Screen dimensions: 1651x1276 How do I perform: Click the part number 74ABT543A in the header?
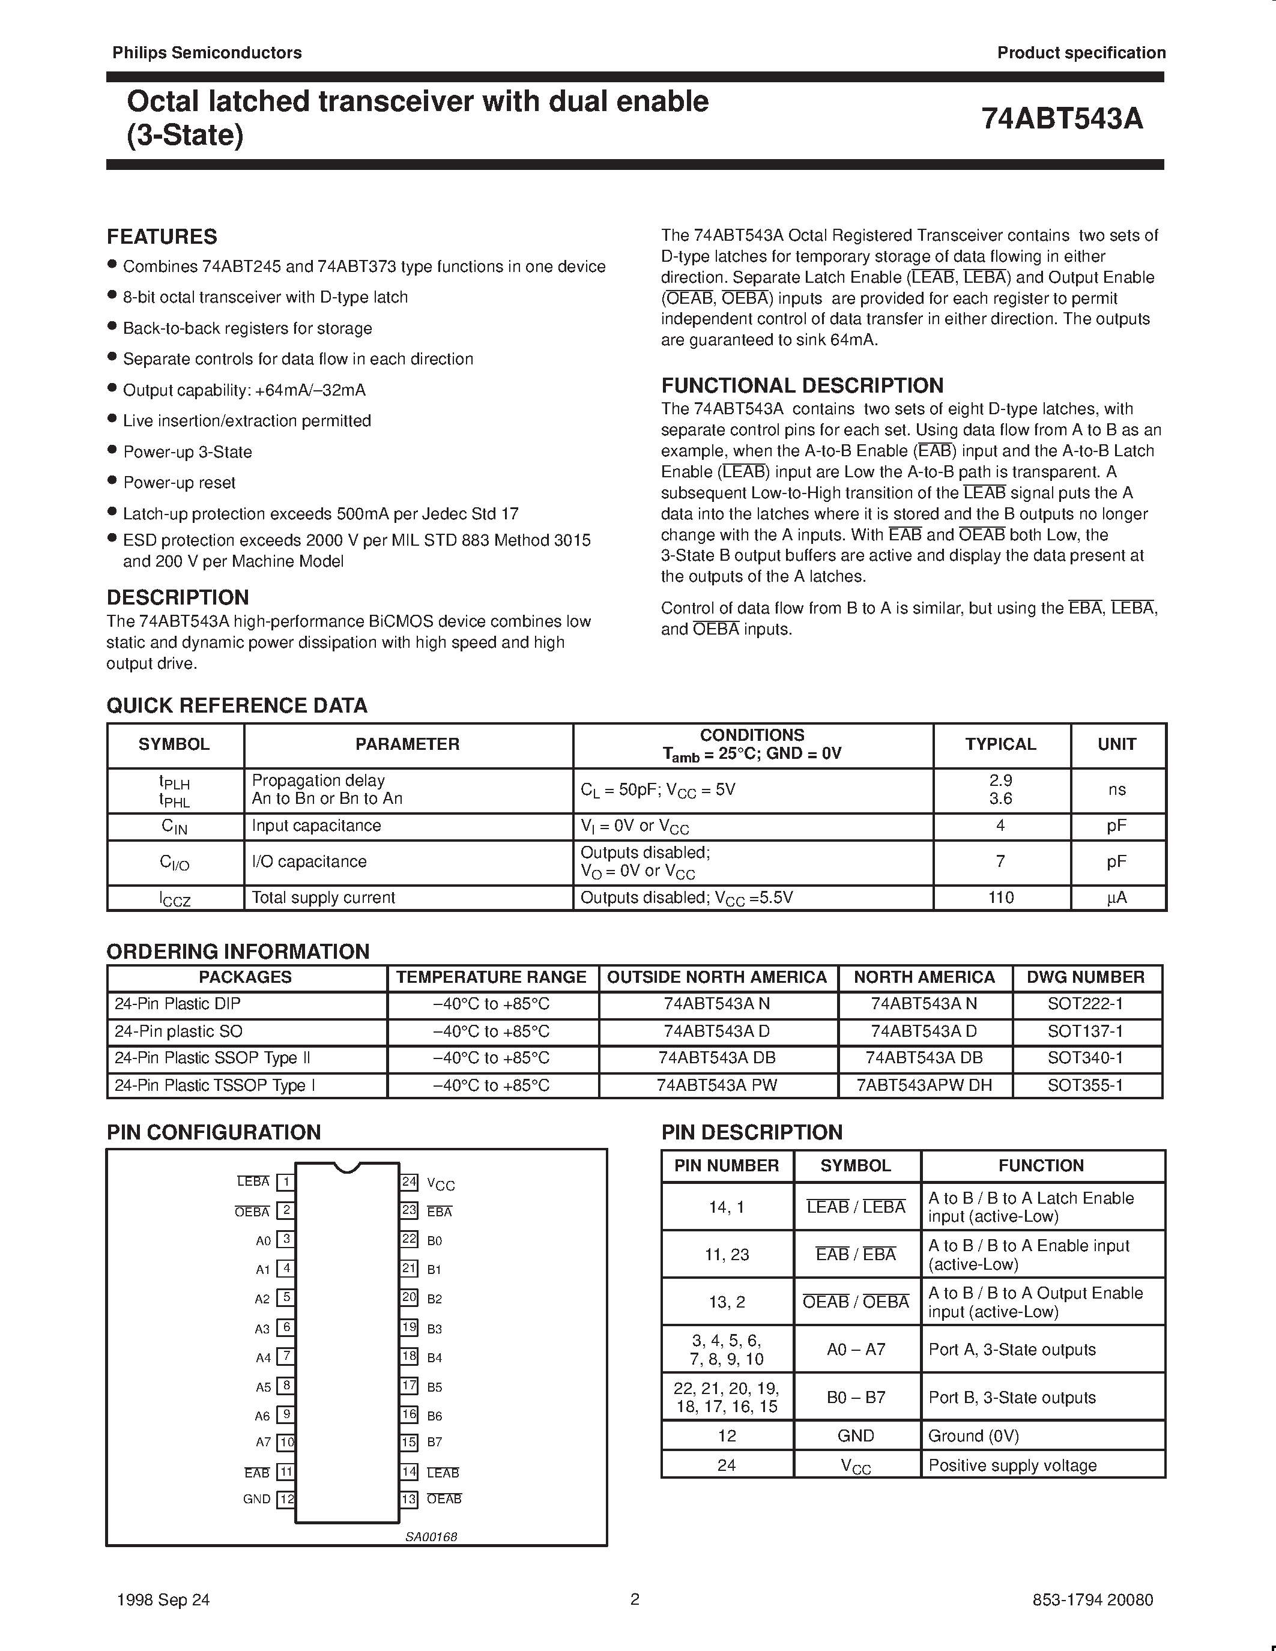click(x=1062, y=119)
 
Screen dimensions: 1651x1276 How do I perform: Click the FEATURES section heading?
click(x=162, y=237)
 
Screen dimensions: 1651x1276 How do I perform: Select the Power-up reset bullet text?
click(x=179, y=482)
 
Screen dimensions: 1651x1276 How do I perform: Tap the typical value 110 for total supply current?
click(x=1001, y=898)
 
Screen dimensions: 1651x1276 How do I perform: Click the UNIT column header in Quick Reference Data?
click(x=1116, y=744)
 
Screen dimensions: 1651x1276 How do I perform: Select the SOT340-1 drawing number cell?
click(x=1085, y=1058)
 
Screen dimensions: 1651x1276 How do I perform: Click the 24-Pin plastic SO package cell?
click(x=178, y=1031)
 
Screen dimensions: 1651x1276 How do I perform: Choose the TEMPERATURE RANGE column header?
click(x=491, y=977)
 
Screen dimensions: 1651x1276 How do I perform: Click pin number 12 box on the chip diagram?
click(x=286, y=1499)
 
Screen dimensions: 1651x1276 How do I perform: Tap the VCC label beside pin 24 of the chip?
click(x=441, y=1184)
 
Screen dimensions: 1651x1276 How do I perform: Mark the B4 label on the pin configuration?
click(x=435, y=1357)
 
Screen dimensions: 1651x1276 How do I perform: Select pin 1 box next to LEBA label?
click(x=286, y=1182)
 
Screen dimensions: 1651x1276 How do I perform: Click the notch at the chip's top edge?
click(x=347, y=1167)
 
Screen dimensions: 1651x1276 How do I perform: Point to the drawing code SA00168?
click(x=432, y=1537)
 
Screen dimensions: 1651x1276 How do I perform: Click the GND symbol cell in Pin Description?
click(x=856, y=1435)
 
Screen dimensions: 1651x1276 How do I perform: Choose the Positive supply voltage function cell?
click(x=1012, y=1465)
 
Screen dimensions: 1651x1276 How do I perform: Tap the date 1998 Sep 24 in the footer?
click(x=164, y=1599)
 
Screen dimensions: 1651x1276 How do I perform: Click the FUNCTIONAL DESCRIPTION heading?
click(x=802, y=385)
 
